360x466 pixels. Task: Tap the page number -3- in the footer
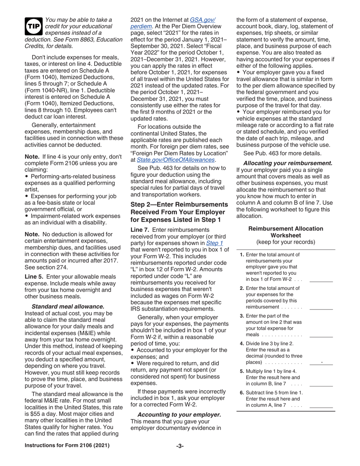(180, 446)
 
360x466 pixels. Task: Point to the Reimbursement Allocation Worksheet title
(285, 232)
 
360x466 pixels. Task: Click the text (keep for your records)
(285, 242)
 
